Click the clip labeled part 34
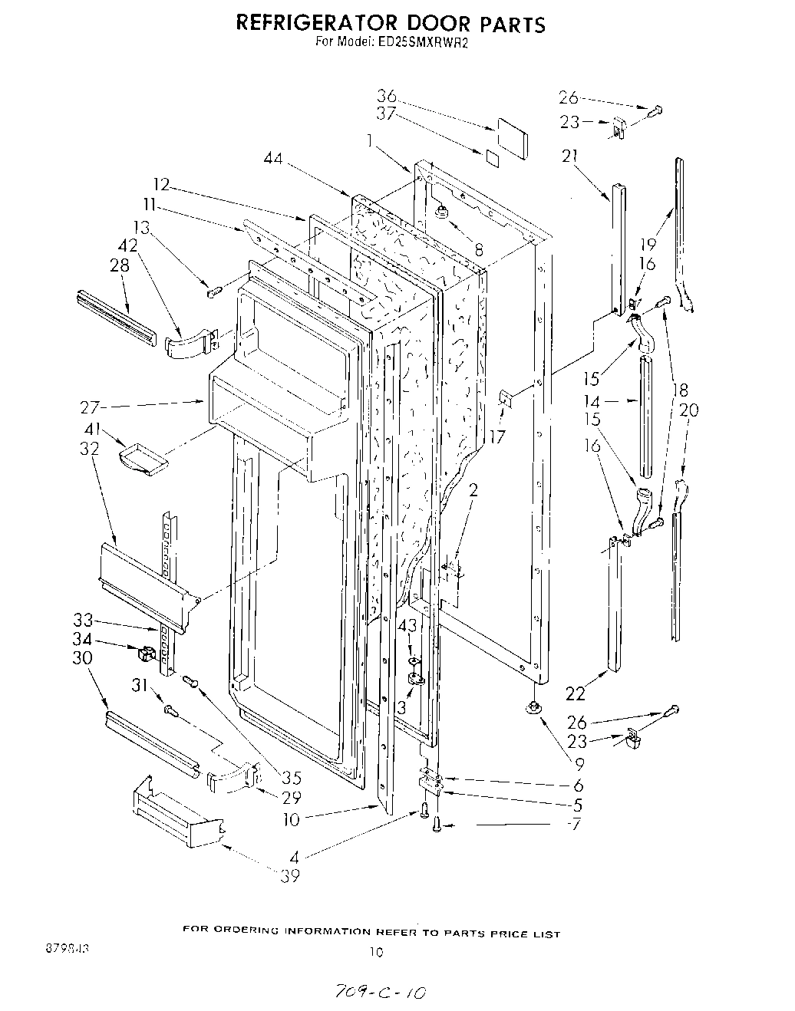point(146,654)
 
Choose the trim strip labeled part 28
point(116,317)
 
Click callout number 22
point(575,693)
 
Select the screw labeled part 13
point(215,291)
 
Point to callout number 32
point(90,449)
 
